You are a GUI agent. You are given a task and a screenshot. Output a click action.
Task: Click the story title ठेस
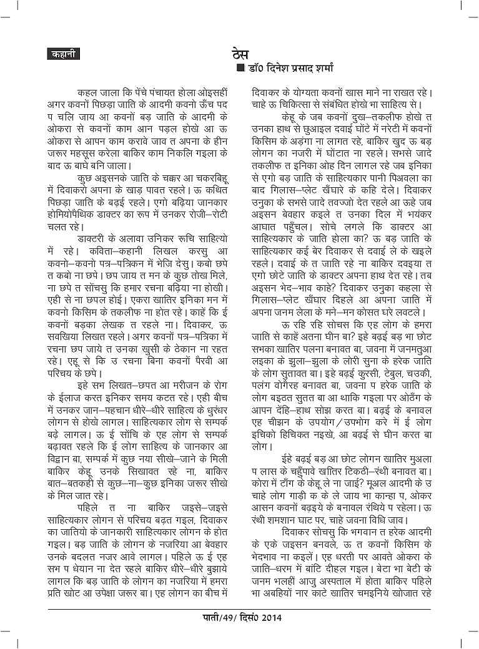(x=240, y=52)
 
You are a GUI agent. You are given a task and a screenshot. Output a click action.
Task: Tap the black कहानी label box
(x=62, y=54)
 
